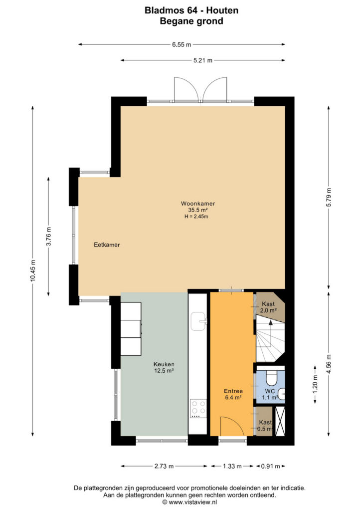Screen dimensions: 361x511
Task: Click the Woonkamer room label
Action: click(x=198, y=204)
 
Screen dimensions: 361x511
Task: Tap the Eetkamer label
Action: click(x=107, y=245)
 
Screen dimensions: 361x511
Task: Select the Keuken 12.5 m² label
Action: click(x=164, y=367)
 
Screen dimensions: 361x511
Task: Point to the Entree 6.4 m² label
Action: click(x=233, y=394)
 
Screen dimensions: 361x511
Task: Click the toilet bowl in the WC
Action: click(x=271, y=378)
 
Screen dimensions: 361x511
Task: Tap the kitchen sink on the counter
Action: click(x=198, y=321)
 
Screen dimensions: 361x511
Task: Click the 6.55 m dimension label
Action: click(x=181, y=44)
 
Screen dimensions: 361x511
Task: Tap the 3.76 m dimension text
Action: click(x=48, y=236)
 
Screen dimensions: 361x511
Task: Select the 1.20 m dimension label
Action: click(x=315, y=385)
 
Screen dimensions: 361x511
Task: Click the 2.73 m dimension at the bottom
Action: click(x=164, y=466)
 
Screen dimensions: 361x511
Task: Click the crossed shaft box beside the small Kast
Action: click(x=280, y=421)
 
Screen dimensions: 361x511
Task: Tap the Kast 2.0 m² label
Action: click(x=268, y=307)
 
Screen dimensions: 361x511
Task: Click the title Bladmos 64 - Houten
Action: click(x=191, y=10)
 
